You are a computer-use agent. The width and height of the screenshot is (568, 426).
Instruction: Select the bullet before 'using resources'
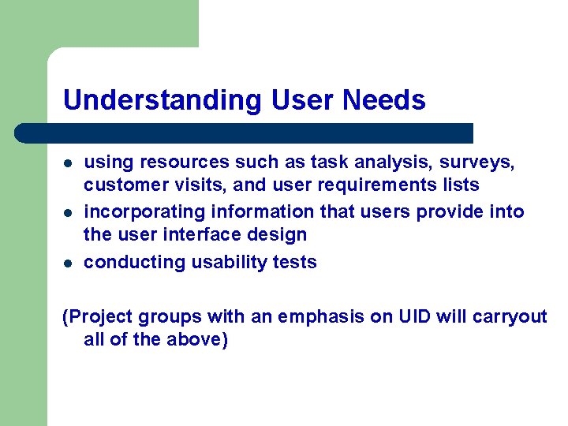tap(69, 163)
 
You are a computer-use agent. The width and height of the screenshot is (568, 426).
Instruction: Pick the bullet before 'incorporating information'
tap(69, 213)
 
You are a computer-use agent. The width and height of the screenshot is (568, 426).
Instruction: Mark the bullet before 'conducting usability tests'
tap(69, 263)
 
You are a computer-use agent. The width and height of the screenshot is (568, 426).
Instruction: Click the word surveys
tap(482, 163)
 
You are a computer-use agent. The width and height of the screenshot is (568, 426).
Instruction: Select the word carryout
tap(510, 316)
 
